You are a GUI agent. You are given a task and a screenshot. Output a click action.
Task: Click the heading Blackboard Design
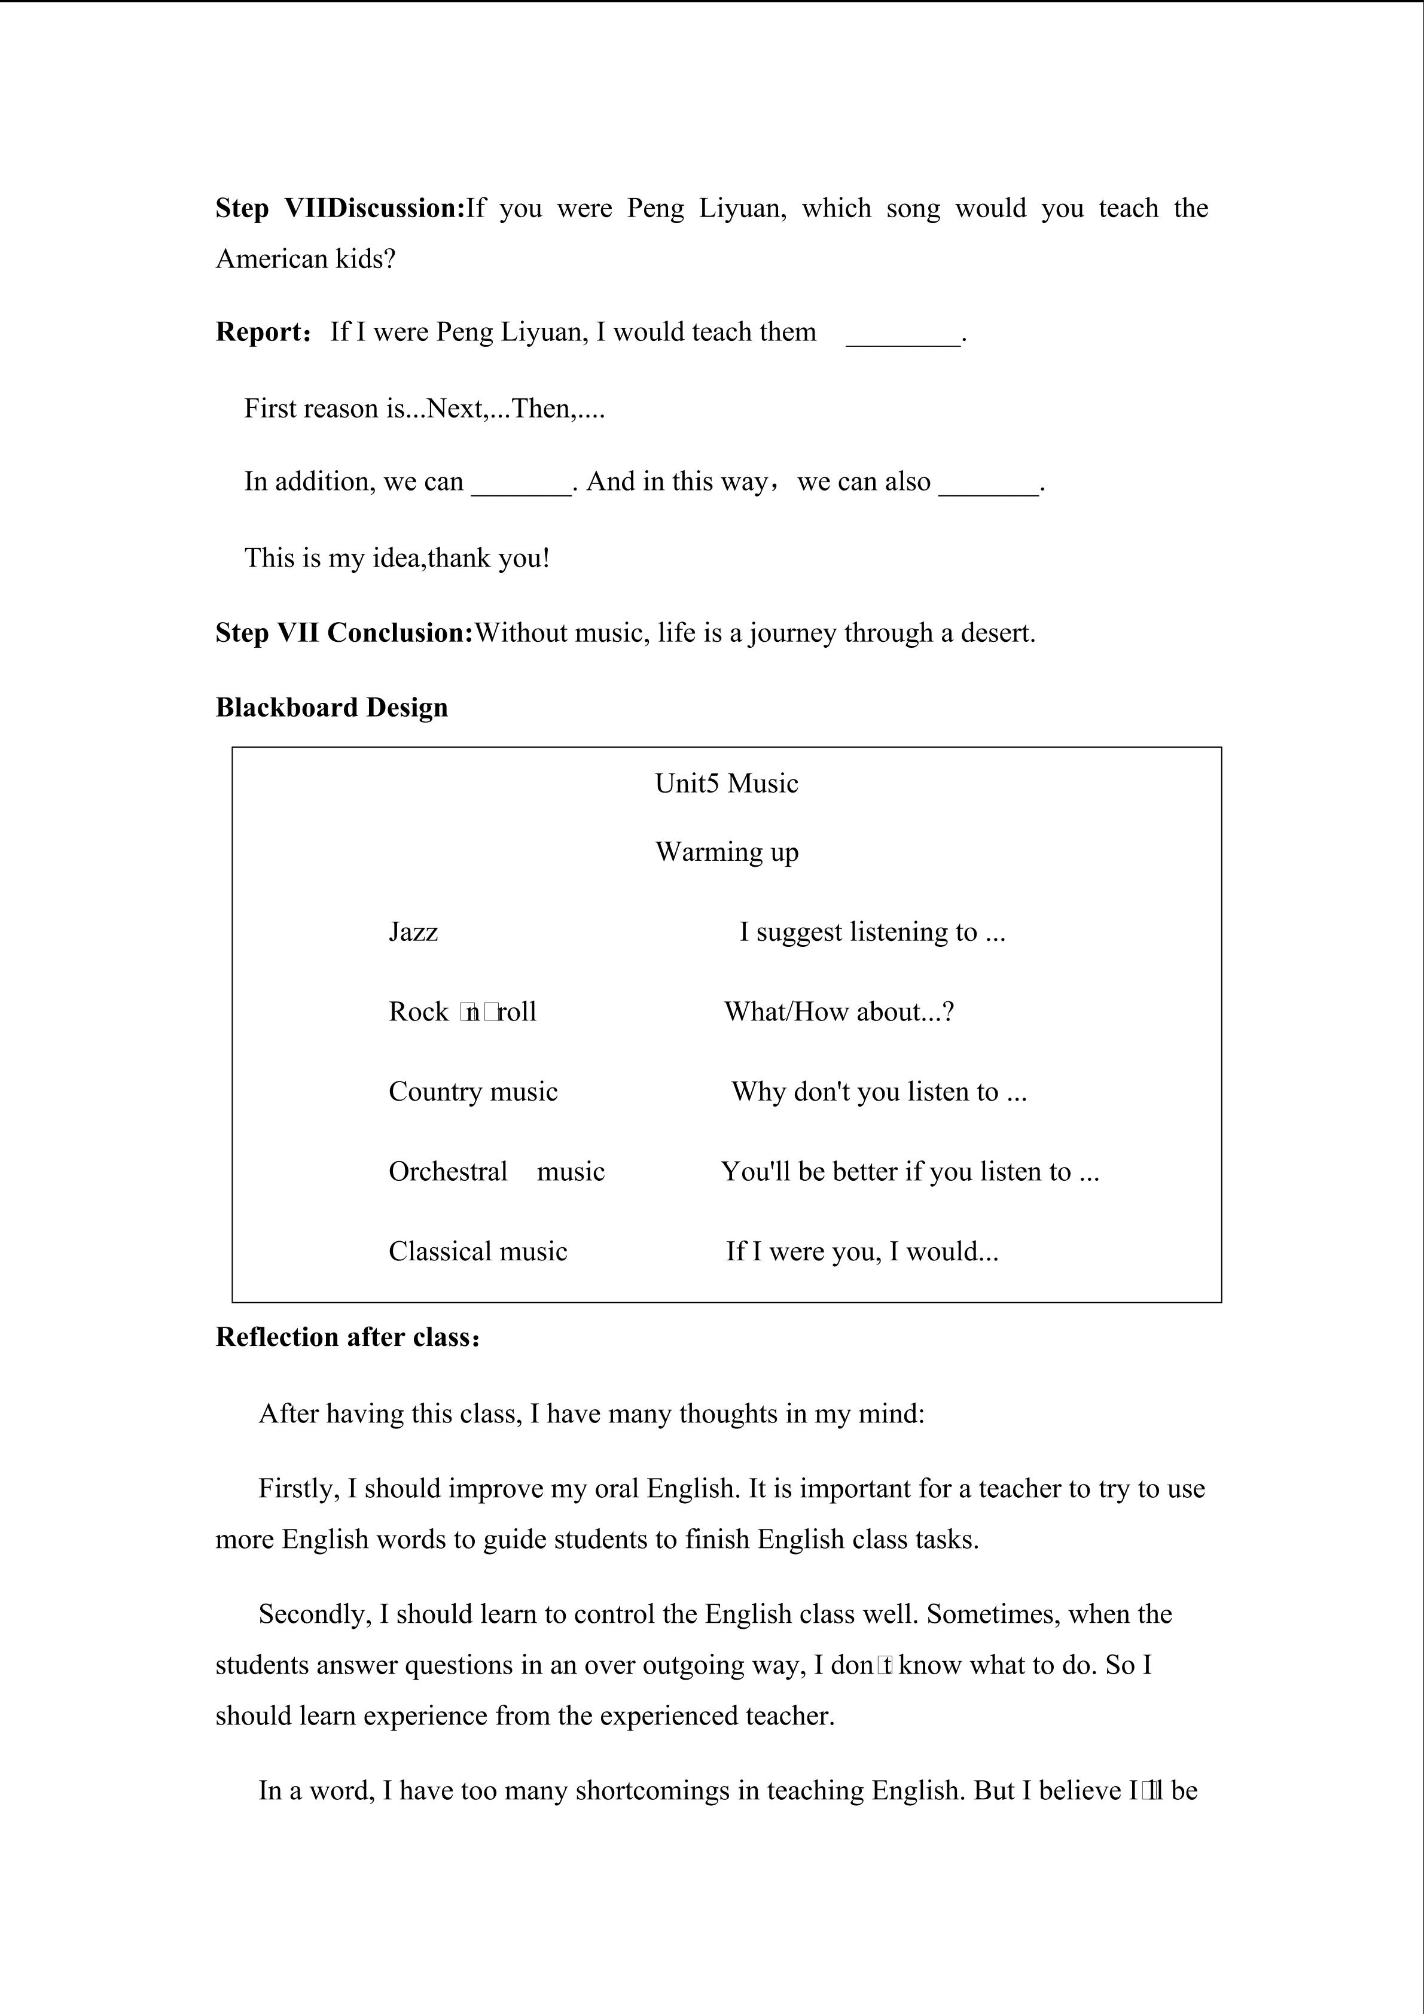point(331,708)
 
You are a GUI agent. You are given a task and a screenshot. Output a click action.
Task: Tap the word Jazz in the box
point(413,931)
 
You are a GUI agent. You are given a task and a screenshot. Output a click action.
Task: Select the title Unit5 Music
point(726,784)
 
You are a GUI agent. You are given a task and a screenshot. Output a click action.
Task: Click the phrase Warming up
point(727,852)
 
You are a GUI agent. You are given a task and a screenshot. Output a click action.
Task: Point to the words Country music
point(472,1092)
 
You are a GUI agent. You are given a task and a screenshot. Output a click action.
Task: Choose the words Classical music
point(478,1252)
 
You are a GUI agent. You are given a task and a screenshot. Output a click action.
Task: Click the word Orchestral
point(448,1172)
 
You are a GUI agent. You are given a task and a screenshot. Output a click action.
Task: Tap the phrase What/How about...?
point(839,1012)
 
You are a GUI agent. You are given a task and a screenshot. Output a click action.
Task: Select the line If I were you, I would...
point(862,1252)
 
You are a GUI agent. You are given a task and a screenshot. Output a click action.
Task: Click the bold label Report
point(259,333)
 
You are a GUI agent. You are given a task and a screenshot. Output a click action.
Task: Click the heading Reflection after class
point(347,1337)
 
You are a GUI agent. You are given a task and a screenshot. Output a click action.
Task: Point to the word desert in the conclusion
point(997,633)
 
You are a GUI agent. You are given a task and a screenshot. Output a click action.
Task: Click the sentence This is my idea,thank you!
point(397,559)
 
